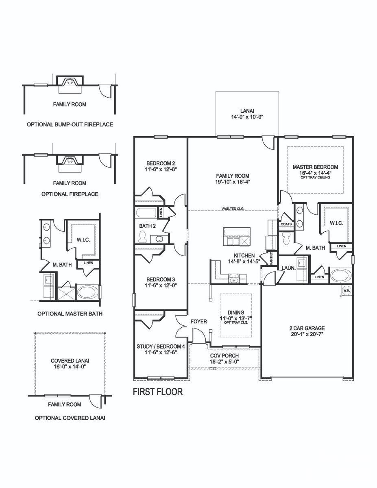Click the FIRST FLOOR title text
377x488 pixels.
pyautogui.click(x=158, y=392)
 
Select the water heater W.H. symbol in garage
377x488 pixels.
pyautogui.click(x=346, y=290)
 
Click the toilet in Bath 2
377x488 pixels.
pyautogui.click(x=142, y=237)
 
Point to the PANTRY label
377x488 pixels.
pyautogui.click(x=271, y=258)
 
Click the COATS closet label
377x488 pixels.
pyautogui.click(x=285, y=224)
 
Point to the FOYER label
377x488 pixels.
pyautogui.click(x=198, y=322)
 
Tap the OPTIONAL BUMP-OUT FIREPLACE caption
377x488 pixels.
pyautogui.click(x=70, y=124)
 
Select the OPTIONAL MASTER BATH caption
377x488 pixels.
pyautogui.click(x=70, y=314)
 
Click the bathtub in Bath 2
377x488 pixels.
pyautogui.click(x=146, y=213)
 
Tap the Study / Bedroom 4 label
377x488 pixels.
pyautogui.click(x=161, y=346)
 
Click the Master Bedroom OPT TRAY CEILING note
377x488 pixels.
pyautogui.click(x=315, y=178)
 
